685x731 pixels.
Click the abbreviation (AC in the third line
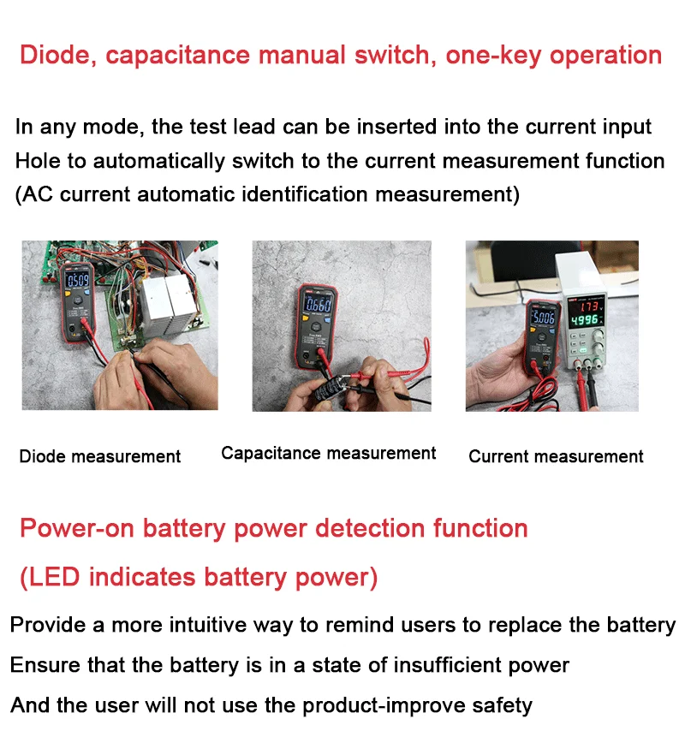[37, 195]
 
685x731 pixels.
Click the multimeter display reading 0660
[319, 305]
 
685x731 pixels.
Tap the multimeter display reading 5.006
[545, 320]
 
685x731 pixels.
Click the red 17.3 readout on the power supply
[589, 306]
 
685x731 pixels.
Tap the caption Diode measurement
[100, 456]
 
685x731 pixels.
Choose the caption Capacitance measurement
[328, 454]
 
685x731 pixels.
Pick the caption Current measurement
[556, 456]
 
